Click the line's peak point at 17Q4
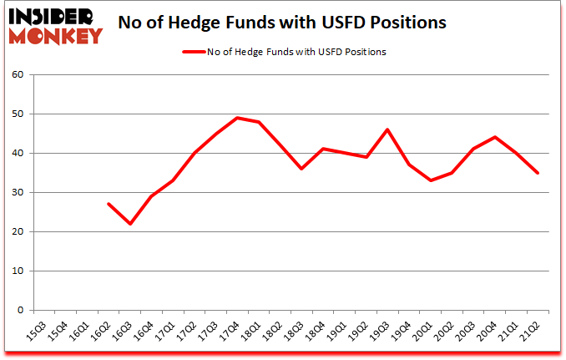tap(238, 118)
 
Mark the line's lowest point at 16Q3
tap(130, 224)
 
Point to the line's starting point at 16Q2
tap(109, 204)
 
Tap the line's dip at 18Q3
tap(302, 169)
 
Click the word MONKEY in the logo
tap(56, 36)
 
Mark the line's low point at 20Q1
tap(432, 180)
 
